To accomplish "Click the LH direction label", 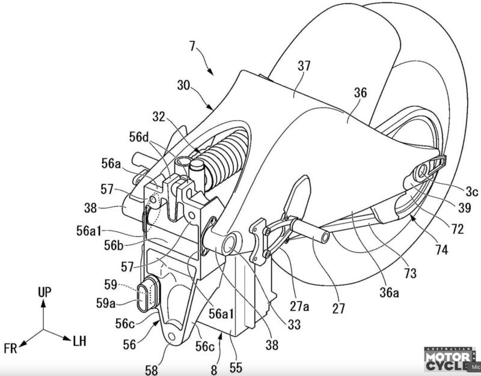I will [79, 342].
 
